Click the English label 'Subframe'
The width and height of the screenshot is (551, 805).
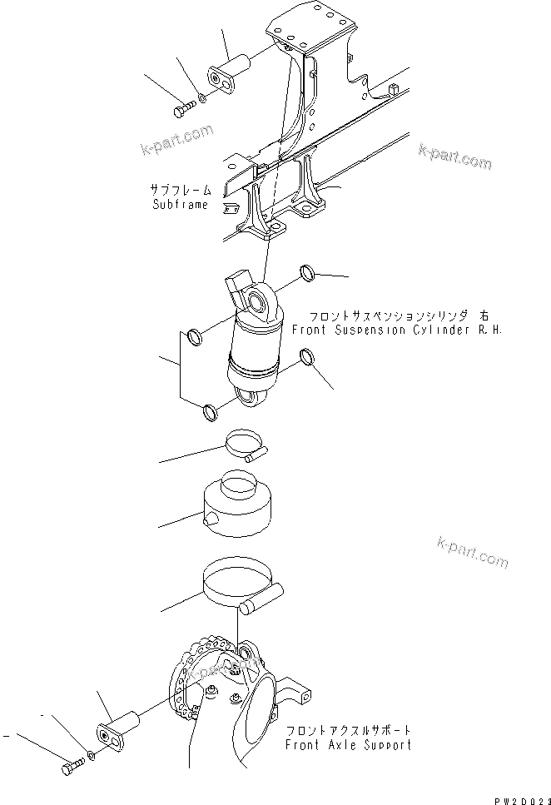click(x=180, y=205)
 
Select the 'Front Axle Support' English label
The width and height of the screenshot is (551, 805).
click(x=348, y=745)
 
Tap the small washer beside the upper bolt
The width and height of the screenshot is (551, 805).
click(x=201, y=98)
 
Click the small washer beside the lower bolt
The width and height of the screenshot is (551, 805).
click(x=91, y=756)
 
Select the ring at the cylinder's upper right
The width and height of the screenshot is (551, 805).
click(x=307, y=273)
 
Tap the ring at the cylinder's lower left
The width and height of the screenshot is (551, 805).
click(x=210, y=410)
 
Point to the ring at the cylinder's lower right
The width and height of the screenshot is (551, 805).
click(x=307, y=359)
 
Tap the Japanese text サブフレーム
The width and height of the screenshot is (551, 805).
click(x=178, y=191)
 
